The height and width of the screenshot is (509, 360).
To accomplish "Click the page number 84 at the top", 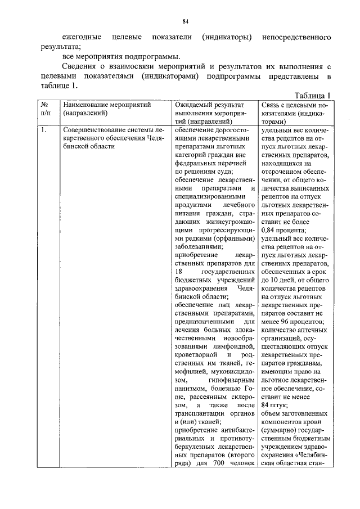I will pyautogui.click(x=184, y=21).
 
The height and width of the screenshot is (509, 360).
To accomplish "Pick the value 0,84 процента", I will pyautogui.click(x=285, y=231).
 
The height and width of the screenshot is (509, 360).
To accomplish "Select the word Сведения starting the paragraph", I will pyautogui.click(x=80, y=67).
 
